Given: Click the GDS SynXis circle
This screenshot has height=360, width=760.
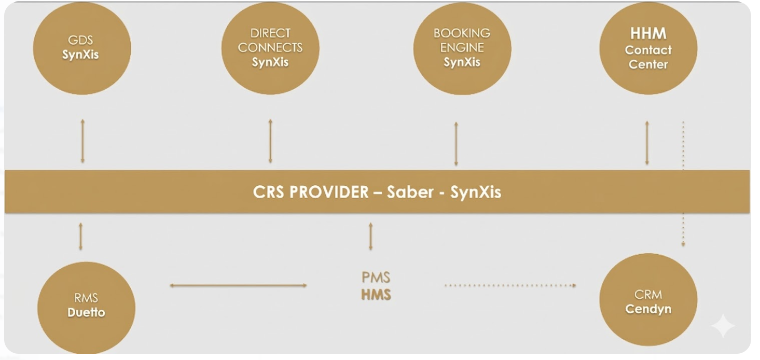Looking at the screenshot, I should [81, 48].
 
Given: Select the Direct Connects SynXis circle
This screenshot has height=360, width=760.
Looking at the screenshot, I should [270, 48].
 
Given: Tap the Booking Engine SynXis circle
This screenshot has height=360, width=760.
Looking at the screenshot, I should [462, 48].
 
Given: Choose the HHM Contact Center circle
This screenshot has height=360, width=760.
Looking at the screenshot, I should [648, 48].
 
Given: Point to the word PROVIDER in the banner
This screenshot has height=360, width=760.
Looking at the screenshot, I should [328, 192].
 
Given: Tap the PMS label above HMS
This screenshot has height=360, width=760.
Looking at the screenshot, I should [376, 278].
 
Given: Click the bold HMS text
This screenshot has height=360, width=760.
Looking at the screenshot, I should [376, 295].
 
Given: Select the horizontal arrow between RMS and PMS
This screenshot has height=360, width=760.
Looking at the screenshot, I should [238, 285].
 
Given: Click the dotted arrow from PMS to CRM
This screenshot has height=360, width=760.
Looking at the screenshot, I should [510, 285].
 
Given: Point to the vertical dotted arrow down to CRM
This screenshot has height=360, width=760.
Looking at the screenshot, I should [683, 184].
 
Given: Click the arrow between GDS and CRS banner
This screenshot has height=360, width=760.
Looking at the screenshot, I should [82, 141].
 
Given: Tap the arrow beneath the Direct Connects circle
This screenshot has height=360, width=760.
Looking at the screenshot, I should [270, 141].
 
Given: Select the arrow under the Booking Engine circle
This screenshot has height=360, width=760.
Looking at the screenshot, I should [456, 144].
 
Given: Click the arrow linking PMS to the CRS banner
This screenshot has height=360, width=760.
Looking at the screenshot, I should [370, 236].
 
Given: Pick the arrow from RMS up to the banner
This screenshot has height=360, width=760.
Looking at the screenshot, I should [80, 236].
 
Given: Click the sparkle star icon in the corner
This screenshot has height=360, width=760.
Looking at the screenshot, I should [723, 326].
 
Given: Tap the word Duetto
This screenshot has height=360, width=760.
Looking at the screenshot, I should [86, 312].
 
